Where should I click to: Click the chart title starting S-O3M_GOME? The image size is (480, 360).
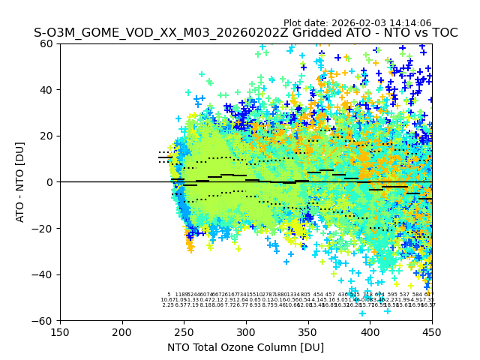[245, 33]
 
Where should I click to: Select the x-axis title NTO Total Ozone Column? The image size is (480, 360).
[245, 347]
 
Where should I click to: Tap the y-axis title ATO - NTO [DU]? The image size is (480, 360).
[20, 181]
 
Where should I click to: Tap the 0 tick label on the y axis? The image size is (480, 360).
[51, 182]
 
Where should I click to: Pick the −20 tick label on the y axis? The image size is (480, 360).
[45, 228]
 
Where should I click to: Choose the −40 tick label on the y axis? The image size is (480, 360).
[45, 274]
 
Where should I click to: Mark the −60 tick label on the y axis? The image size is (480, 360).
[45, 320]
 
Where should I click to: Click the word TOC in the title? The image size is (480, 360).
[442, 33]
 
